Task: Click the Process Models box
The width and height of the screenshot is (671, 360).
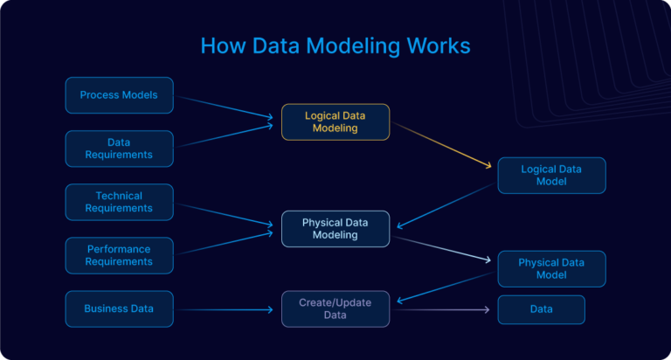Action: (x=119, y=95)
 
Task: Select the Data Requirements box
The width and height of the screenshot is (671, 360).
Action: (x=119, y=149)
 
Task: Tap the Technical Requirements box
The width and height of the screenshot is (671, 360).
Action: (x=119, y=202)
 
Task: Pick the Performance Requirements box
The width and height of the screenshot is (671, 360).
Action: (x=119, y=255)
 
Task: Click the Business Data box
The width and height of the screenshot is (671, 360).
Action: (x=119, y=308)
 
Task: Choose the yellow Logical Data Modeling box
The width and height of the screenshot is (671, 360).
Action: (x=335, y=121)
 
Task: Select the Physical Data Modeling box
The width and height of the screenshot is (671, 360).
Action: (x=335, y=229)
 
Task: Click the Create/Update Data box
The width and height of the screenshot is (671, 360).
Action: (x=335, y=308)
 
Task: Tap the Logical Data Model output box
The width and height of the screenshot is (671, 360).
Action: (x=550, y=175)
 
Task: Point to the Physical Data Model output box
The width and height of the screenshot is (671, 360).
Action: (x=550, y=268)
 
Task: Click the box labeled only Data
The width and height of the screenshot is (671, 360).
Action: (x=541, y=309)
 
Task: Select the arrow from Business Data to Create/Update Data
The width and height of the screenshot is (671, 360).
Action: (x=227, y=309)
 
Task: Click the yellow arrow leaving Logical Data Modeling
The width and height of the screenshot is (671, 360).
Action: (x=441, y=145)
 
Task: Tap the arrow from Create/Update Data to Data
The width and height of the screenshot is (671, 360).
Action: (x=441, y=309)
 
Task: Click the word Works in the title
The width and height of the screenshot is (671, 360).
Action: (x=437, y=45)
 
